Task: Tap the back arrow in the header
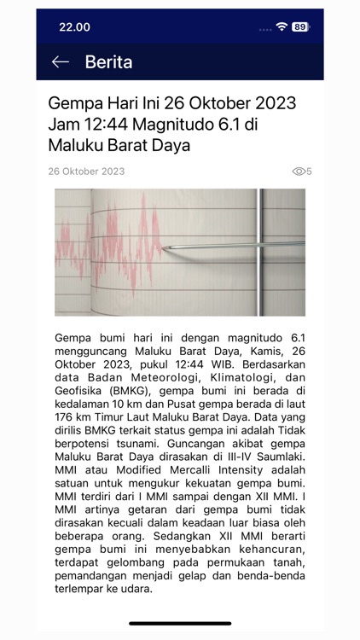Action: pos(60,62)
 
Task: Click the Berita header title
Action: pos(108,62)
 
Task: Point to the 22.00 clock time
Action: pos(74,26)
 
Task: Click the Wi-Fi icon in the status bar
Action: pos(282,26)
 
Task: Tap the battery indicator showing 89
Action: pos(299,26)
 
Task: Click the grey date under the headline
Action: pos(86,172)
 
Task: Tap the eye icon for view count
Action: pos(299,172)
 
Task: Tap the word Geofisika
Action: pos(80,391)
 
